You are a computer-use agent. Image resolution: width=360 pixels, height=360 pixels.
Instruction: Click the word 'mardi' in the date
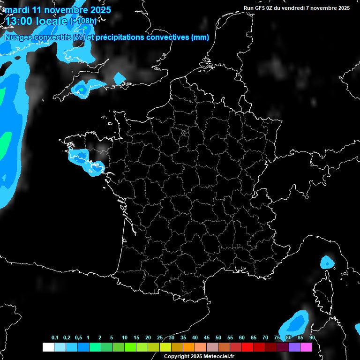16,10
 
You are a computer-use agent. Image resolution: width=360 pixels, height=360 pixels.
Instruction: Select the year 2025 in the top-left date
99,10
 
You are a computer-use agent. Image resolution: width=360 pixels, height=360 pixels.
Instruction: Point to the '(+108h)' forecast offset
83,21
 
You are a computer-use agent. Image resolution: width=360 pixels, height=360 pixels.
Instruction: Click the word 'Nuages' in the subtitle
19,37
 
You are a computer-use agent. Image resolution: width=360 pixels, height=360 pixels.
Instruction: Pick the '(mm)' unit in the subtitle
200,37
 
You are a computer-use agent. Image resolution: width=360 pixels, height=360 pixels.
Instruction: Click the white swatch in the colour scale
48,347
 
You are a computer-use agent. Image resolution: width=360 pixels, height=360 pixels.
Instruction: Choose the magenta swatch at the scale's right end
306,347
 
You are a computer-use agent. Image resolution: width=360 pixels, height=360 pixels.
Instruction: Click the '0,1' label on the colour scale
55,337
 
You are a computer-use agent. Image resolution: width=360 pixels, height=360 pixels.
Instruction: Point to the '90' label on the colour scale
312,337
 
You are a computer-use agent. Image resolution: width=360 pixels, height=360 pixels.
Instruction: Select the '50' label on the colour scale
218,337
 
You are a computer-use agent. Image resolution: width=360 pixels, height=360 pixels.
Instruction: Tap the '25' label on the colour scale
160,337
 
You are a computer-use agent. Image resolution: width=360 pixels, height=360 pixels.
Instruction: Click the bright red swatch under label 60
247,347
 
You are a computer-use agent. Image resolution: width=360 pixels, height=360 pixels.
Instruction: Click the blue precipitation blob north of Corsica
327,262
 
